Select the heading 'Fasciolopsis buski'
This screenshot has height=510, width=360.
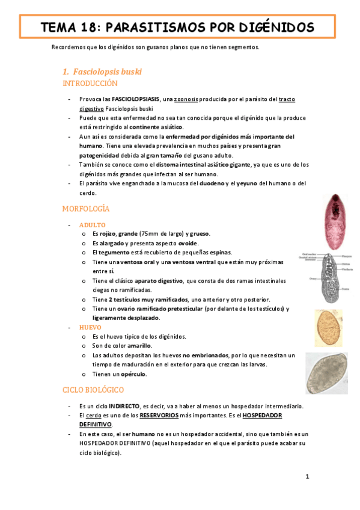click(x=106, y=72)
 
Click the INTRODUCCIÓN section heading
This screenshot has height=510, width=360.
click(x=90, y=84)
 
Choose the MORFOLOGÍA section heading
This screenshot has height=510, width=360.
click(x=86, y=209)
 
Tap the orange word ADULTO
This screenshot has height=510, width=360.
click(x=92, y=224)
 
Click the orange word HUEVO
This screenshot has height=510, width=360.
click(x=90, y=327)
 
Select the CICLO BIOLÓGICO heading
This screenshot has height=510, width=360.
click(x=93, y=390)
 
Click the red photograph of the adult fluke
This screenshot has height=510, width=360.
click(x=330, y=217)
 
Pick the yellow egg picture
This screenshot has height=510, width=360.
click(x=328, y=328)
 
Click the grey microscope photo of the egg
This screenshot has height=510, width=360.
click(x=326, y=373)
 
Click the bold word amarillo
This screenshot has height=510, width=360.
click(x=138, y=346)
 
